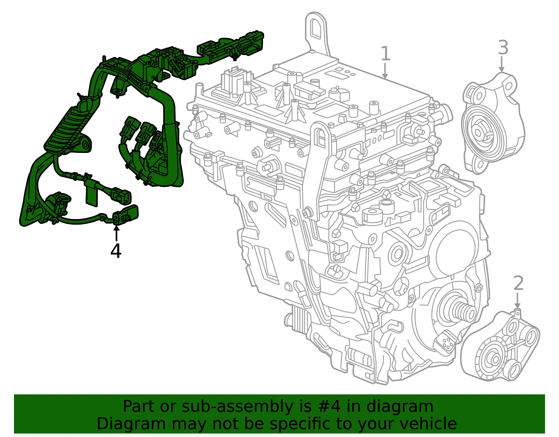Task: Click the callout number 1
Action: [385, 53]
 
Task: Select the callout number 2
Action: [518, 283]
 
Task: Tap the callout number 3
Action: [503, 47]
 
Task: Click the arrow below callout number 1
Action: [385, 71]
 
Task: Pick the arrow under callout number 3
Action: [501, 64]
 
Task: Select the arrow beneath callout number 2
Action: [517, 300]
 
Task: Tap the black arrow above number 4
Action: [117, 233]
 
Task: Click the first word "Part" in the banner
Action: [139, 406]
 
